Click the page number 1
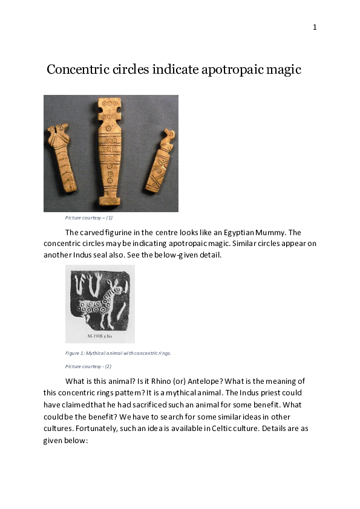315,27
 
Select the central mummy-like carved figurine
110,154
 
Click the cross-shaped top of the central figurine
110,108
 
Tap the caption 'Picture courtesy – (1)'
89,218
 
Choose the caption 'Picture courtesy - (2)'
88,366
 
